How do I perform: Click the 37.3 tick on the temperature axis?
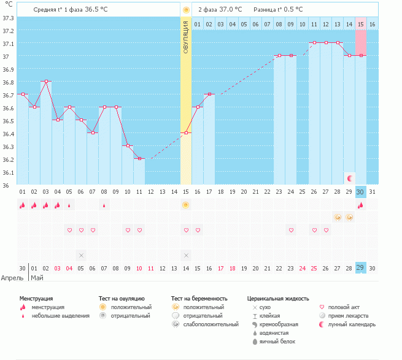[8, 18]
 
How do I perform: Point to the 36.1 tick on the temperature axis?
[8, 172]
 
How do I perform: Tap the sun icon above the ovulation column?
[186, 10]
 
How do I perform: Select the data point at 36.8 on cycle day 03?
[46, 81]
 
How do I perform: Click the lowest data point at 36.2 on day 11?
[139, 158]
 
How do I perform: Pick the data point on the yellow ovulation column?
[186, 132]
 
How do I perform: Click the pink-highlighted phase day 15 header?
[360, 24]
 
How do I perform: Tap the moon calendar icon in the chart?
[349, 178]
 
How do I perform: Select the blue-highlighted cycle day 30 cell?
[360, 192]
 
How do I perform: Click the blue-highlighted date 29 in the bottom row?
[360, 268]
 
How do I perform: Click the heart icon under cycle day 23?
[291, 230]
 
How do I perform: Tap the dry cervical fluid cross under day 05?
[81, 255]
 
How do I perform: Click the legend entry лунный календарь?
[352, 324]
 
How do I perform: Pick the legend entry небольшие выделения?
[60, 316]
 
